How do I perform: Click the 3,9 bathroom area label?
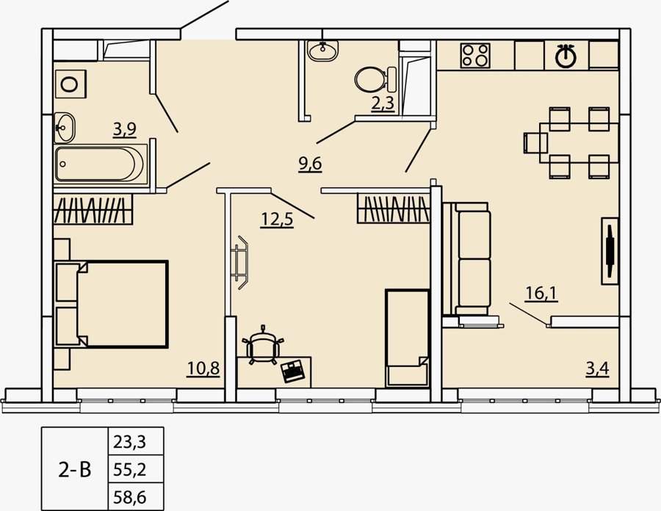125,129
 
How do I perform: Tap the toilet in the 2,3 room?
375,79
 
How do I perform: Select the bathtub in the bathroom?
101,164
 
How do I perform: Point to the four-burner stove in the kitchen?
475,55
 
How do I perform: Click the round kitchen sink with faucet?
566,55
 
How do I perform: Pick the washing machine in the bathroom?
71,84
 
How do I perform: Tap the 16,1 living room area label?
542,293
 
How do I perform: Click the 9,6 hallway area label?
310,164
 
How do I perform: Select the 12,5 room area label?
277,220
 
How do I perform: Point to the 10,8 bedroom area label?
203,368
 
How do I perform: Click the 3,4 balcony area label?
597,369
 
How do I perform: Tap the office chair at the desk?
263,346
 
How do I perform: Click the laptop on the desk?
293,371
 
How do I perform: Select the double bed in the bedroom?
112,304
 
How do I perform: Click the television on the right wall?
610,252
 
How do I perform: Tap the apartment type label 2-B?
75,470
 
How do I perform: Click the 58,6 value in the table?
130,498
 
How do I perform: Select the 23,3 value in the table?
129,442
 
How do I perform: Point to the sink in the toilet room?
322,51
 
